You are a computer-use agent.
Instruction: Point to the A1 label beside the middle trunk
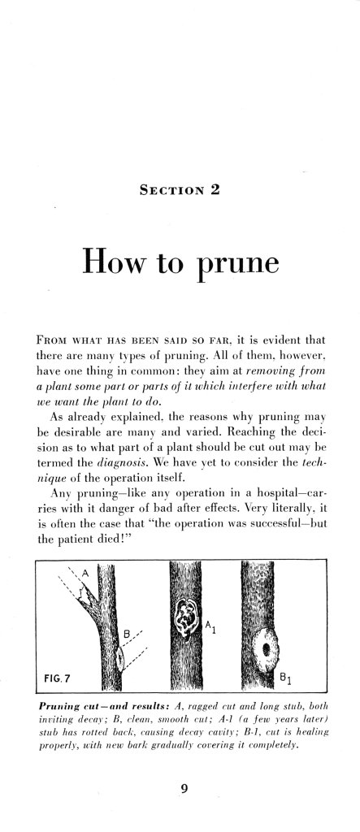[210, 626]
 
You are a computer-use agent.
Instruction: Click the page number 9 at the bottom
[180, 784]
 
